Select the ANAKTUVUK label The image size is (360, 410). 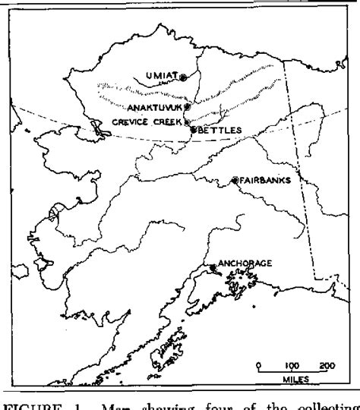tap(156, 108)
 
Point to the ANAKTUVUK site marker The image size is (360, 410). tap(188, 107)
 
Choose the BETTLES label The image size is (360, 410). tap(221, 131)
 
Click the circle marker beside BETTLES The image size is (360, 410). tap(194, 131)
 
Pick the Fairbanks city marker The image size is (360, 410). tap(235, 181)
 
